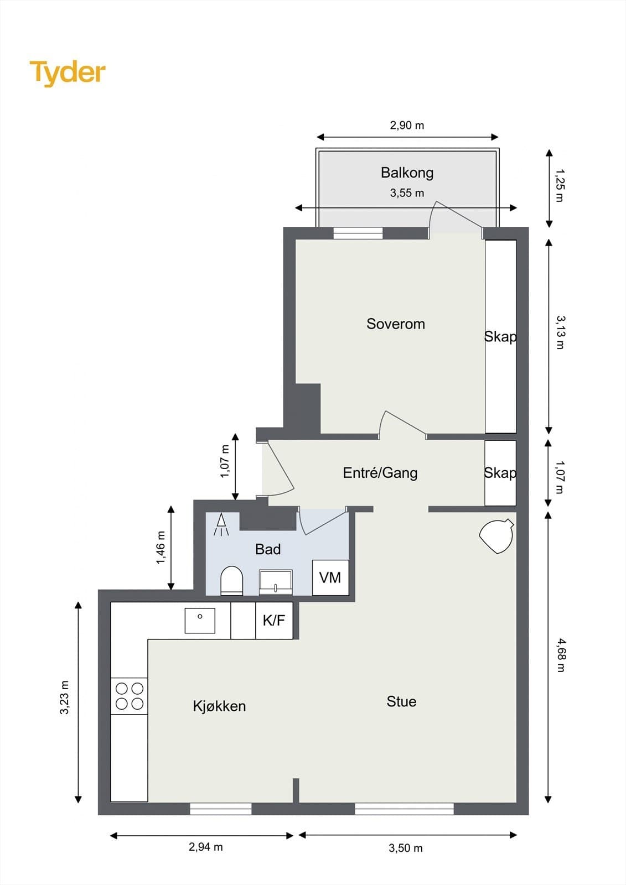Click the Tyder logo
[68, 72]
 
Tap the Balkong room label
[407, 173]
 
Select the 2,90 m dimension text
[407, 126]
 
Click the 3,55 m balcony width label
[407, 193]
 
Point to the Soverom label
[395, 324]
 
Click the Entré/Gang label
[380, 473]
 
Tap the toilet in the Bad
[231, 581]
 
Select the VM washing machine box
[330, 577]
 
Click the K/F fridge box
[274, 621]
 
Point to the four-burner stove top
[129, 696]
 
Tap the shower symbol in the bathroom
[221, 525]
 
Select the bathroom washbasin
[276, 582]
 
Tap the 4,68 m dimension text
[560, 655]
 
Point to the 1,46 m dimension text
[161, 548]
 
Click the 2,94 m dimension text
[205, 847]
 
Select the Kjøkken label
[219, 706]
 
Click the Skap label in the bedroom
[500, 336]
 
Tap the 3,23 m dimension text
[65, 697]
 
